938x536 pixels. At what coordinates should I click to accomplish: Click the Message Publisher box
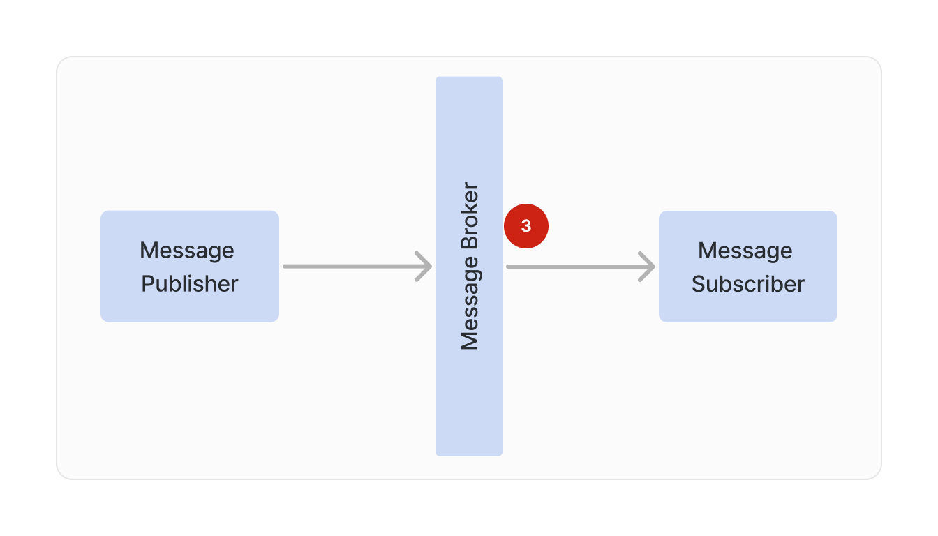189,266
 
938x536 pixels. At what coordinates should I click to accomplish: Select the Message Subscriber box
747,266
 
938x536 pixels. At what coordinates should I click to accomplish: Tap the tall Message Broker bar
468,391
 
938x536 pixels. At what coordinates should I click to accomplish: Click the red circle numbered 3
526,226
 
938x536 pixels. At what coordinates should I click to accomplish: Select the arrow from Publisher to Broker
356,266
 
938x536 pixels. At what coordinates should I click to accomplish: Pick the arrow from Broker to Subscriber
579,266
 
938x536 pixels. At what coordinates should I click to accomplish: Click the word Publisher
190,284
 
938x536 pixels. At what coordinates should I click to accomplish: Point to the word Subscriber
748,284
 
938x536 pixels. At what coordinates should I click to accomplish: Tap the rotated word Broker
470,216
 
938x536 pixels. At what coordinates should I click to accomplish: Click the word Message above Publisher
187,250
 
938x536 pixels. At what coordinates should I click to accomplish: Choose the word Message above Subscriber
745,250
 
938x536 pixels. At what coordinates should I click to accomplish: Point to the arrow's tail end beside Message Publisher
286,266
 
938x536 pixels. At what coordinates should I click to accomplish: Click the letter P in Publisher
148,284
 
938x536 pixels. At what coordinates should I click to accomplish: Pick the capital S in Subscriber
699,284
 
